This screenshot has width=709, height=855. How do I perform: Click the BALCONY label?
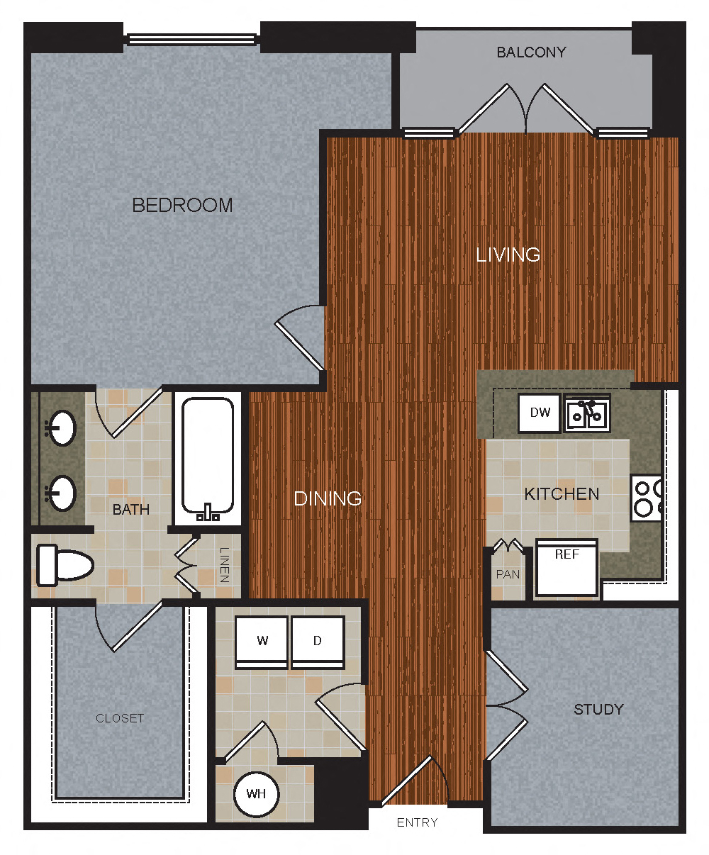tap(531, 52)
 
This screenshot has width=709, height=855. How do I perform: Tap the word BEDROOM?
tap(182, 206)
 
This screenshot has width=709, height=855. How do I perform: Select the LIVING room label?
tap(508, 255)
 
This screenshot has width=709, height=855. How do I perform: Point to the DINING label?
tap(328, 498)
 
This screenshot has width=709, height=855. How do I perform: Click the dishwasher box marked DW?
tap(540, 413)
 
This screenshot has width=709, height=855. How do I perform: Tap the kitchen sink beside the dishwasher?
tap(587, 413)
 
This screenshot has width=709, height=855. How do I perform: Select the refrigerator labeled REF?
tap(566, 567)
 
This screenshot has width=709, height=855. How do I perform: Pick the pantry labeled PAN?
tap(508, 573)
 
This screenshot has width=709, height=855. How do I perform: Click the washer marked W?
tap(262, 642)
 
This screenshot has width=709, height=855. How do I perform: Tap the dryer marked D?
tap(318, 642)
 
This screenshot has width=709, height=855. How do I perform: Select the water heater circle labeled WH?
tap(256, 793)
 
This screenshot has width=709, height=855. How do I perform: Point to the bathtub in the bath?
tap(208, 456)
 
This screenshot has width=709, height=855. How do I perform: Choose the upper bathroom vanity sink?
tap(62, 428)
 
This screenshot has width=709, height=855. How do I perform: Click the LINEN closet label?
tap(224, 565)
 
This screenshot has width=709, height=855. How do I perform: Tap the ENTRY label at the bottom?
tap(417, 822)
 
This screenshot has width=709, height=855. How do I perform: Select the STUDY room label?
tap(598, 710)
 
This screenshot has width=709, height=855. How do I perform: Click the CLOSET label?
tap(120, 718)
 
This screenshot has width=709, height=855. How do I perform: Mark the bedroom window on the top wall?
tap(191, 40)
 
